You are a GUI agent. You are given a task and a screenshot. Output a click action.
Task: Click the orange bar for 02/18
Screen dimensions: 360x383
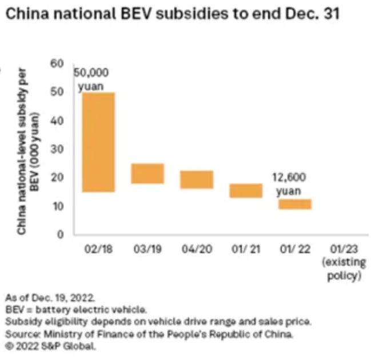click(x=99, y=142)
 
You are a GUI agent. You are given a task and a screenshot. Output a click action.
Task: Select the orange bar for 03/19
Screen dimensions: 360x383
click(x=147, y=173)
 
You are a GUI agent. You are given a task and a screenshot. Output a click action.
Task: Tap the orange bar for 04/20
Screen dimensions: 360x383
click(x=197, y=179)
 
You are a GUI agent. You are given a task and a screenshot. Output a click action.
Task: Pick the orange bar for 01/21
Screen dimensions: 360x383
click(x=246, y=191)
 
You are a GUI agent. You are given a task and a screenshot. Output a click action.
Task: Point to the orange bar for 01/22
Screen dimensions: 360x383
click(x=295, y=204)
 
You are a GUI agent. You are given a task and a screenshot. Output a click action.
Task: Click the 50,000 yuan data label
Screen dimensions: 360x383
click(x=93, y=79)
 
